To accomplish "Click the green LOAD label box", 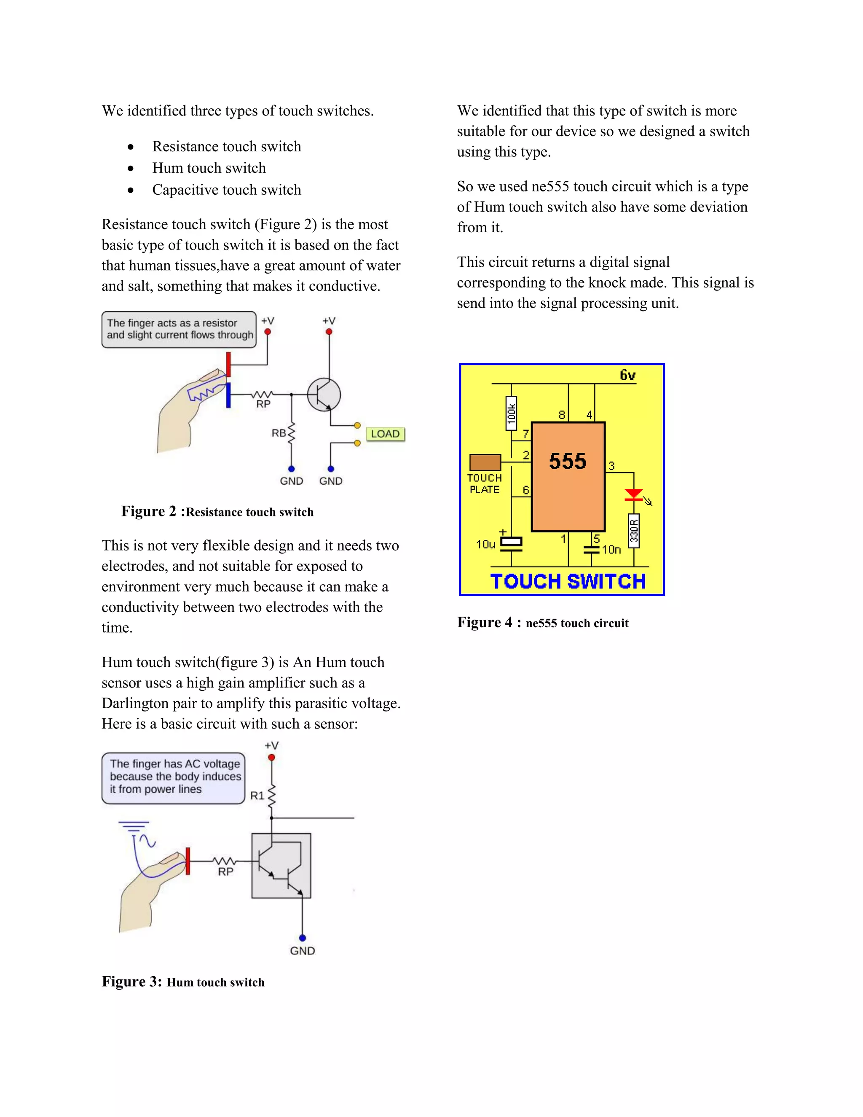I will (385, 434).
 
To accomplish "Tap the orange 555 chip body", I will (568, 477).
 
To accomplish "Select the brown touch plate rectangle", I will (485, 462).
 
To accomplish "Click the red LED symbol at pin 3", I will (634, 494).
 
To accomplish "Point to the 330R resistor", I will (634, 531).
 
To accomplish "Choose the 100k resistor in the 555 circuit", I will (511, 413).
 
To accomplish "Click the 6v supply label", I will (627, 376).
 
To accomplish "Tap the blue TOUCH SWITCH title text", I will (568, 582).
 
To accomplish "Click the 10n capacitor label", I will (611, 550).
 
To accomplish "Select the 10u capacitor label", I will (486, 544).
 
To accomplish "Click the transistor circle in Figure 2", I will (324, 395).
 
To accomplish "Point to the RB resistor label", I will (279, 433).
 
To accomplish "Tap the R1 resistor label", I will (257, 795).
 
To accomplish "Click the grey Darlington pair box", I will (281, 865).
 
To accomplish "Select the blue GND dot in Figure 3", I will (302, 938).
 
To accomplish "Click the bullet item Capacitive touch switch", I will (226, 190).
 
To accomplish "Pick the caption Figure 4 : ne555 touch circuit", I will (542, 623).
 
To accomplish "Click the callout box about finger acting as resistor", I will (179, 329).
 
